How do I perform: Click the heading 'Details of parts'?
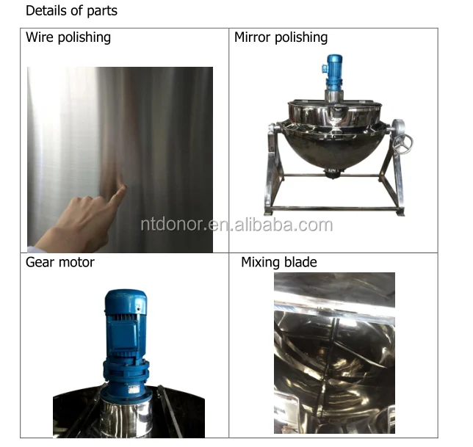tap(71, 11)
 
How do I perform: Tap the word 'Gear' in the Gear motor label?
tap(40, 262)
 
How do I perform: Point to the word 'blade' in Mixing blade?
tap(302, 262)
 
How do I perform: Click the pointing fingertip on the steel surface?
tap(121, 189)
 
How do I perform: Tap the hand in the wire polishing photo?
tap(81, 220)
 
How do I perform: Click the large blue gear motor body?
tap(126, 323)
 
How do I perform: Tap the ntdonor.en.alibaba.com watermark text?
tap(236, 225)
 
